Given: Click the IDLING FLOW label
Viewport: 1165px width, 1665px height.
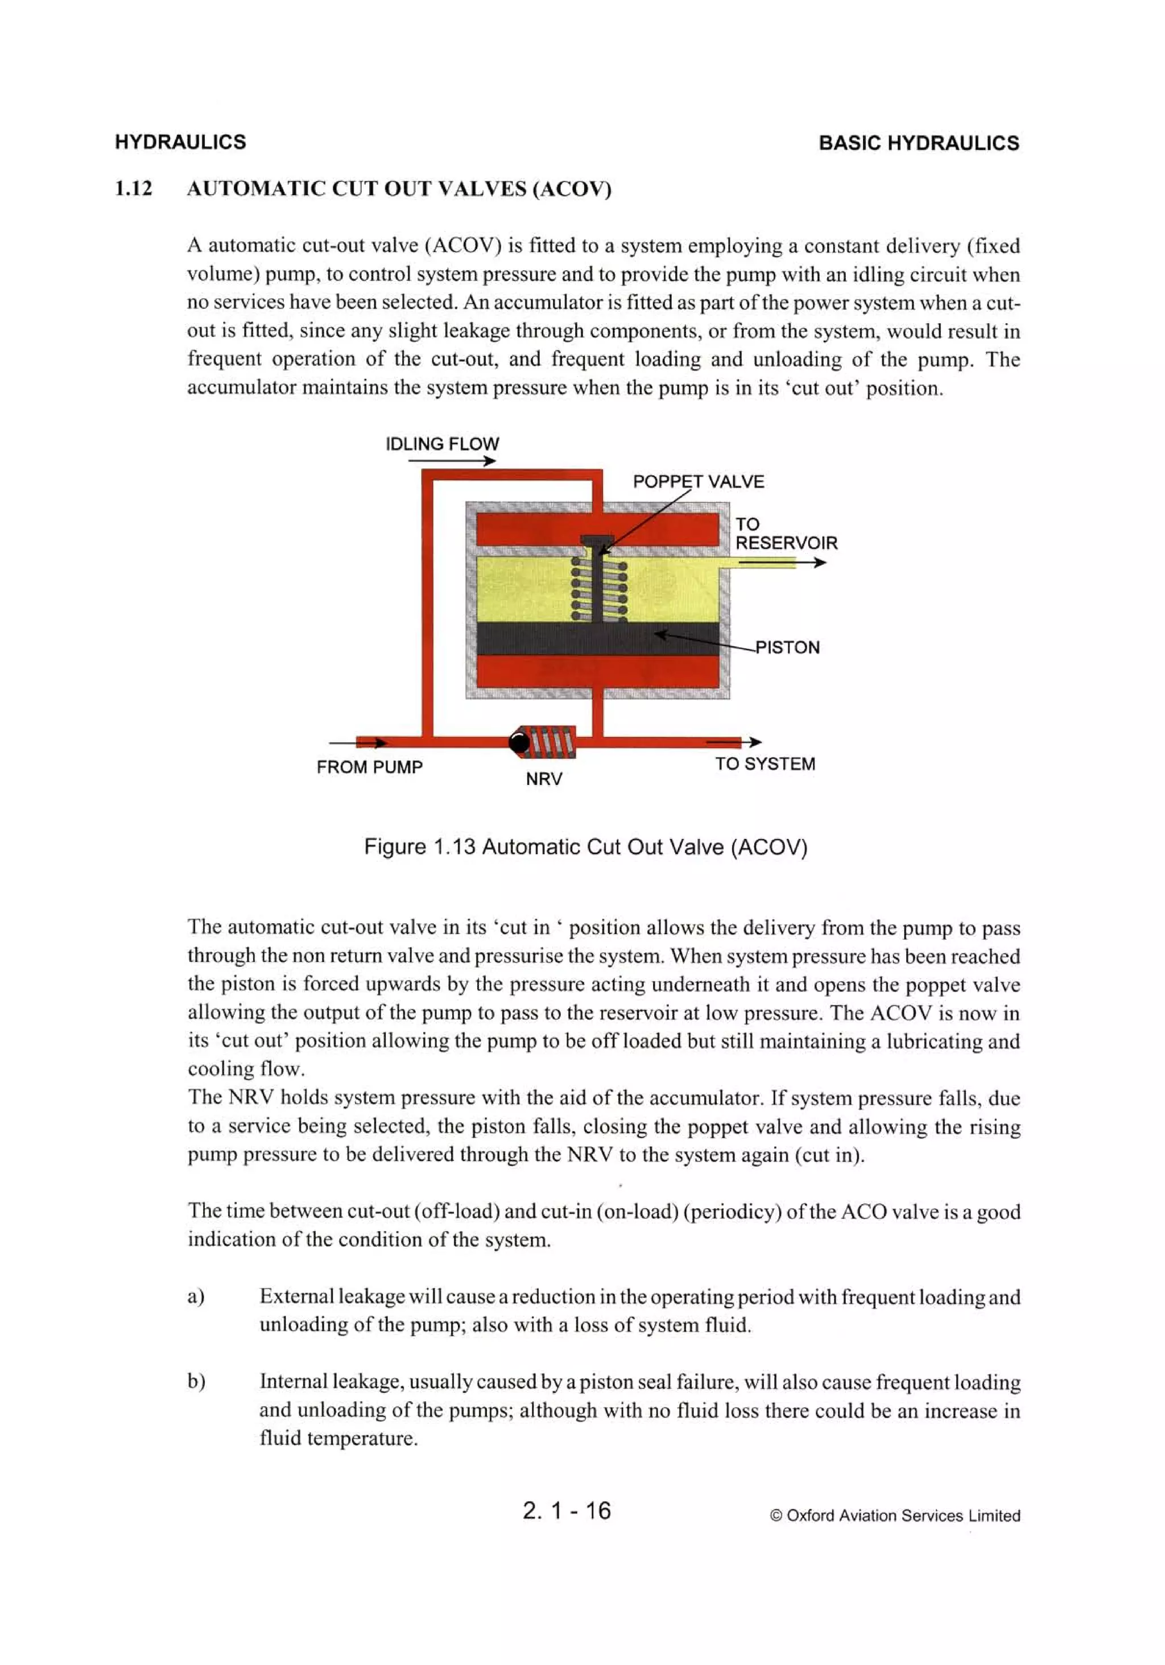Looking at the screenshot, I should (442, 444).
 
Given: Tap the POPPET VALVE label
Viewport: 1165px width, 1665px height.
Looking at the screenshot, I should (698, 481).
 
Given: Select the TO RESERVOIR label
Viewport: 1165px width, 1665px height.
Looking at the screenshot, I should (785, 534).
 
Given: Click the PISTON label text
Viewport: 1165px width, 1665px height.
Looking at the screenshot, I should (787, 647).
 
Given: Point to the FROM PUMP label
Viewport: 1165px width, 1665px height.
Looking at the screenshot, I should (369, 766).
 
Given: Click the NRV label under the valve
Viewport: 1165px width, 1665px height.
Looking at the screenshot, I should (544, 779).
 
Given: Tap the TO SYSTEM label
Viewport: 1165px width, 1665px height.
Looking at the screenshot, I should (765, 763).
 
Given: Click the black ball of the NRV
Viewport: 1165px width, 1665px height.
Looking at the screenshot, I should (519, 742).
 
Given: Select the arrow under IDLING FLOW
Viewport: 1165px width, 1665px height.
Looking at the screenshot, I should (452, 461).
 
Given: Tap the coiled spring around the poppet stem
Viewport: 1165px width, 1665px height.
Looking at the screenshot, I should (598, 589).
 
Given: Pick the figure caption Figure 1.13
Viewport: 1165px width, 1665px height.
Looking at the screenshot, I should (585, 847).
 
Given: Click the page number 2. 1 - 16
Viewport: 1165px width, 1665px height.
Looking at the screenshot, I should (567, 1510).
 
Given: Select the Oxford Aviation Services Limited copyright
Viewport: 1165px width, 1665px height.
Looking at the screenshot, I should (895, 1515).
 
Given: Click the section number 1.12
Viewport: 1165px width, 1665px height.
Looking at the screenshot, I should (134, 188).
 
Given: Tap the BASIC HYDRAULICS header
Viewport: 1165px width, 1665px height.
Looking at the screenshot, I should (918, 143).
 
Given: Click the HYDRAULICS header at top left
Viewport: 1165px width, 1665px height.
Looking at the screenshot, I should (180, 142).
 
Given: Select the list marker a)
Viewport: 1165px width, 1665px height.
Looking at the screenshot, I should (196, 1296).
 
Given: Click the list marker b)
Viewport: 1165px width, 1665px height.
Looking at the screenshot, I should (196, 1382).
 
